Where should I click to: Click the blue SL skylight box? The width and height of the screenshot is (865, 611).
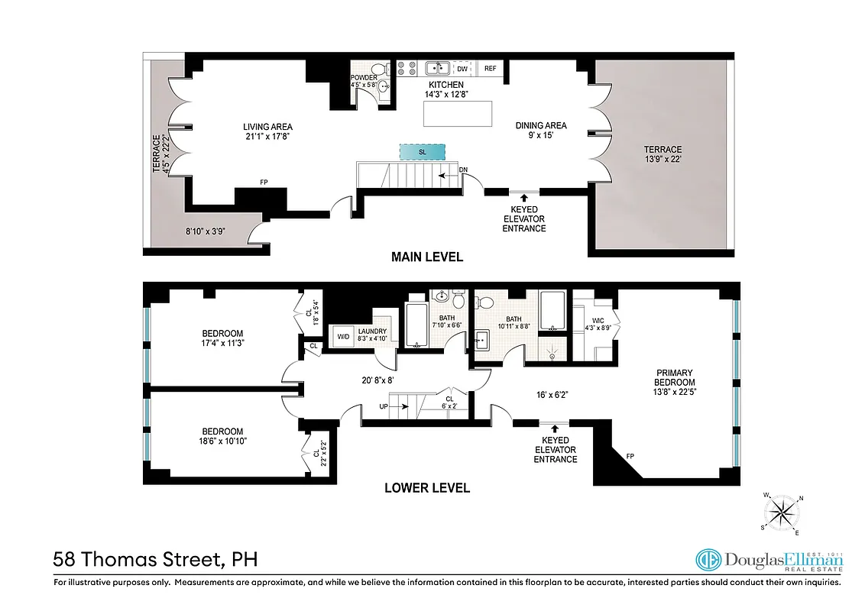(422, 152)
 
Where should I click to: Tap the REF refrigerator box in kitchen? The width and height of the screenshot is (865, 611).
(490, 69)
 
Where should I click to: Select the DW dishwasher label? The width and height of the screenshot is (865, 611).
(462, 69)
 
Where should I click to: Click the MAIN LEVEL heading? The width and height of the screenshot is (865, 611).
(427, 257)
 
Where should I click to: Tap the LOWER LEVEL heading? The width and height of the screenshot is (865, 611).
(427, 487)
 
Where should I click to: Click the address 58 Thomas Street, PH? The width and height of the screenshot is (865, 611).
(155, 560)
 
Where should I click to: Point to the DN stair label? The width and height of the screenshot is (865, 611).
(463, 170)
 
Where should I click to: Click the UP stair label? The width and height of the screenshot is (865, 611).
(384, 406)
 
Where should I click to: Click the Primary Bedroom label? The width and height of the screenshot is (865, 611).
(675, 377)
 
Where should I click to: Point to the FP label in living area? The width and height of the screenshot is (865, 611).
(264, 183)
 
